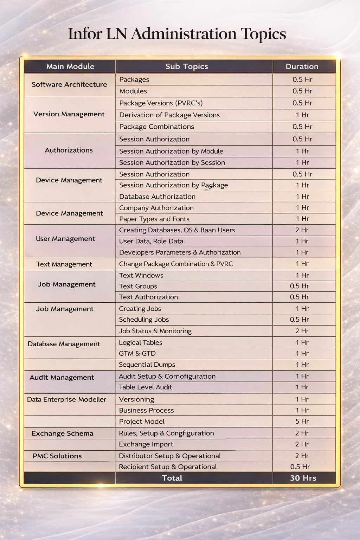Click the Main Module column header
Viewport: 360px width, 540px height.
(x=70, y=66)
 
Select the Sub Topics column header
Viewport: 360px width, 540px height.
(x=187, y=66)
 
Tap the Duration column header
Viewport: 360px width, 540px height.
(x=302, y=66)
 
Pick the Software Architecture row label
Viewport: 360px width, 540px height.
(x=69, y=84)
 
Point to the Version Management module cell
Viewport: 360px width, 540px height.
(x=69, y=114)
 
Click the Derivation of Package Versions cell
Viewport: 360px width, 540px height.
(x=169, y=115)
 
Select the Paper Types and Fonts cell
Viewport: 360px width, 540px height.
(x=154, y=219)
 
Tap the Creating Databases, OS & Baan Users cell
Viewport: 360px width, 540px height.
(x=177, y=230)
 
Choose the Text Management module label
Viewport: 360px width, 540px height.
(x=64, y=264)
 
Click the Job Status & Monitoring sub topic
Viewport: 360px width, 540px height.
(x=155, y=331)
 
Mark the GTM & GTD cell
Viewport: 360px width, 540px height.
(x=137, y=353)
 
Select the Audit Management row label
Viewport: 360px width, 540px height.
(x=62, y=377)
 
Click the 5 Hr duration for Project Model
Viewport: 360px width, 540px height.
(x=302, y=421)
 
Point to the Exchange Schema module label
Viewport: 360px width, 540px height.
(x=62, y=433)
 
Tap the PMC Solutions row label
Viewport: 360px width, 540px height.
(x=57, y=456)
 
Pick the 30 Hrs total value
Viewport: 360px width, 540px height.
(x=303, y=478)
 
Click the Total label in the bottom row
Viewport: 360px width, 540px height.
(x=172, y=478)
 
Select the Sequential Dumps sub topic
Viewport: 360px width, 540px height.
(x=147, y=365)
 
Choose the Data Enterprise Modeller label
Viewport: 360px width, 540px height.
(x=66, y=399)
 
